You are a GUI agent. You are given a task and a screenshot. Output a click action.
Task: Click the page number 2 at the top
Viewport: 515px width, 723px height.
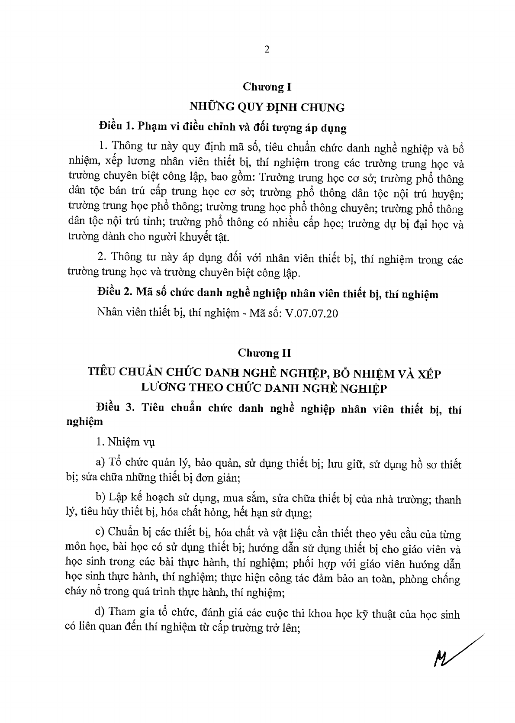267,50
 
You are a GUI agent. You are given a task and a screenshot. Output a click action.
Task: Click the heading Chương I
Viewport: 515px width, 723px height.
267,87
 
